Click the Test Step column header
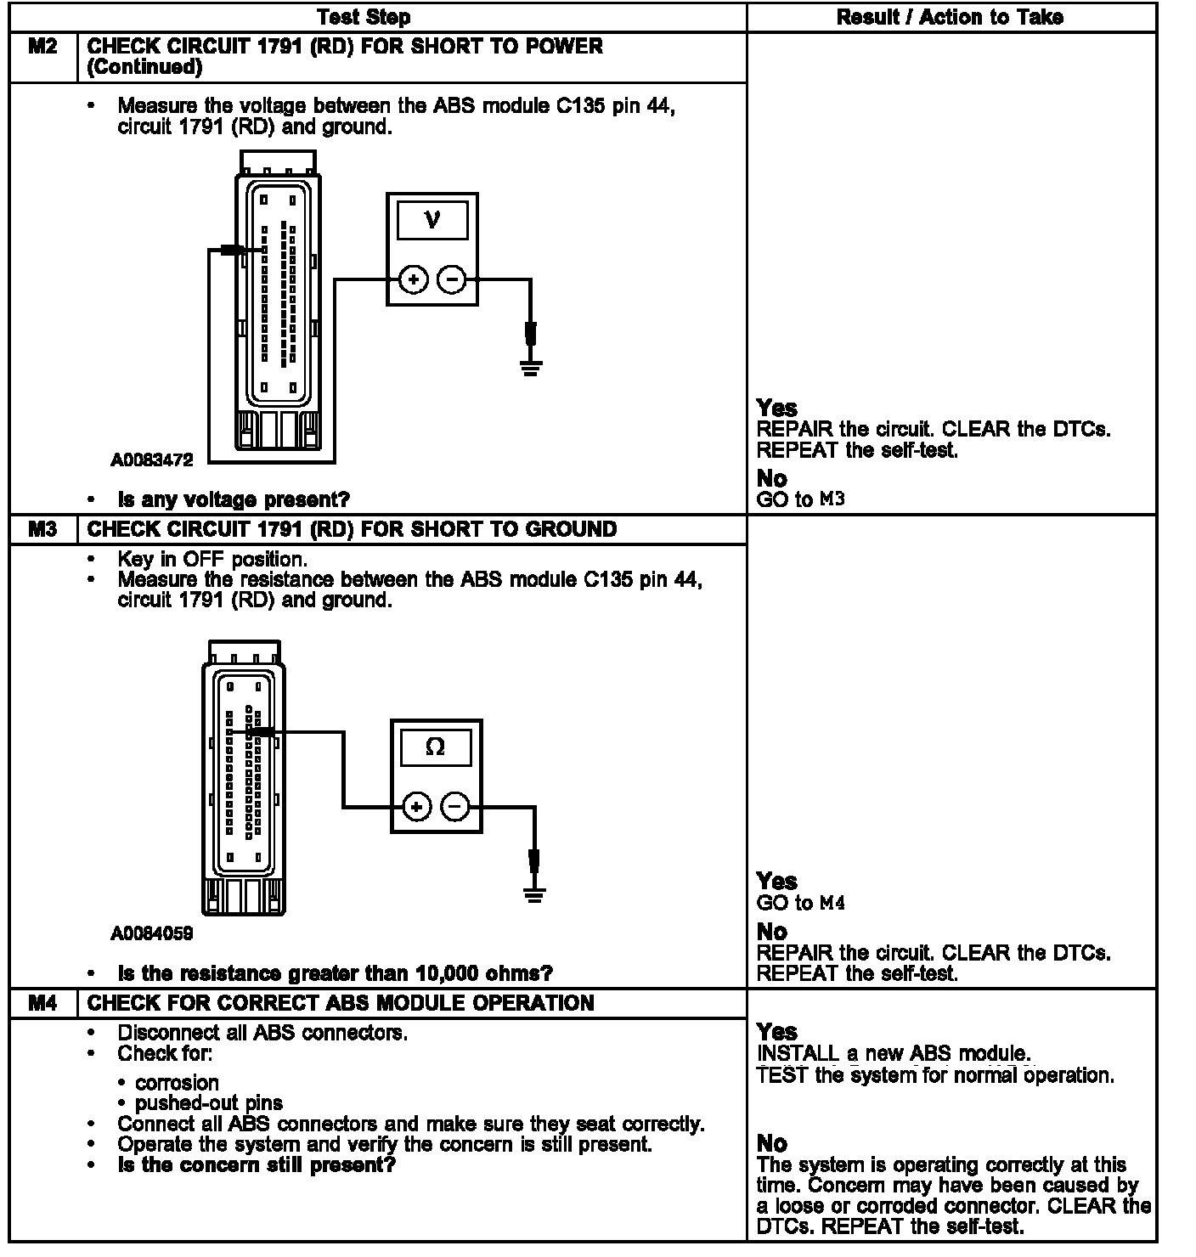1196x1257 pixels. (x=364, y=17)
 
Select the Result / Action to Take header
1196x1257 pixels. (x=950, y=17)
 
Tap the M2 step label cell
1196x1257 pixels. (x=42, y=47)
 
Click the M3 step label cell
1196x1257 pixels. (x=42, y=529)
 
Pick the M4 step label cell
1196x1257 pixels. (x=42, y=1003)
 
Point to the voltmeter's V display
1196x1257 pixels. (x=432, y=221)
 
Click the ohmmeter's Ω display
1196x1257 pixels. (x=435, y=747)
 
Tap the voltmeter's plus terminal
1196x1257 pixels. (x=413, y=279)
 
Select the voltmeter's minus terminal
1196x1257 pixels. (x=452, y=279)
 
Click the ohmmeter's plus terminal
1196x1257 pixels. (x=416, y=807)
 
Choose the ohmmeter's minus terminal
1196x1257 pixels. (x=456, y=807)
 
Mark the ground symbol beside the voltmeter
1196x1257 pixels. (x=531, y=368)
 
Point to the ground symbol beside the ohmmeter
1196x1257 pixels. (x=534, y=895)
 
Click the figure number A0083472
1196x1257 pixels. (x=152, y=460)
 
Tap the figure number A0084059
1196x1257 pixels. (x=152, y=933)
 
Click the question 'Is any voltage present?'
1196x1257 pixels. (x=234, y=499)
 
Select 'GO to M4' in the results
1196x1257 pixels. (x=800, y=904)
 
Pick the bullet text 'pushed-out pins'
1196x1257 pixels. (x=209, y=1103)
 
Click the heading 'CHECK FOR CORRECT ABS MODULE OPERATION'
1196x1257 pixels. (x=341, y=1003)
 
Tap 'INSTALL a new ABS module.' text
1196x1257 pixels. (x=893, y=1054)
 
